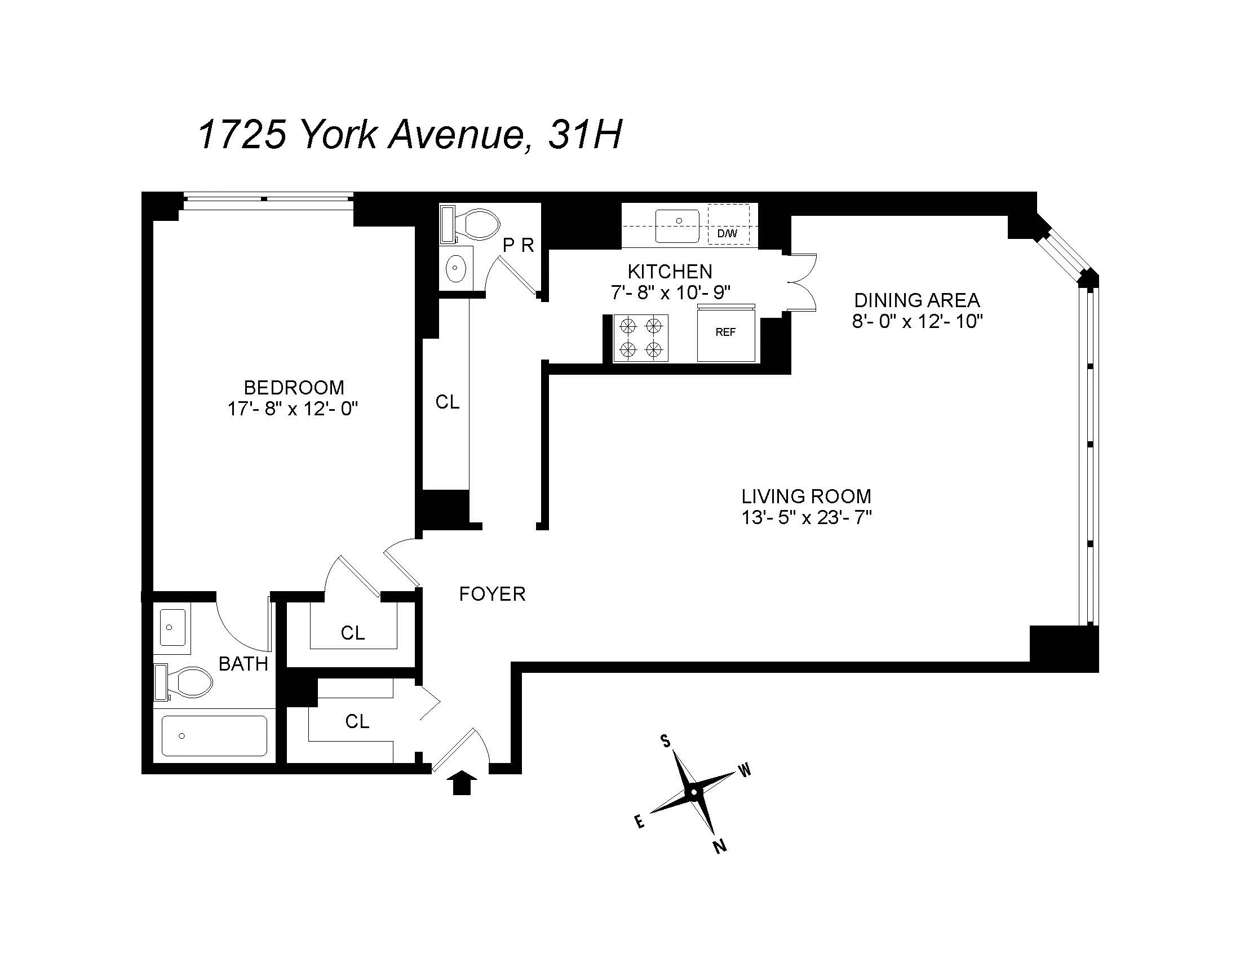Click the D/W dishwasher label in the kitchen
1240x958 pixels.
tap(727, 233)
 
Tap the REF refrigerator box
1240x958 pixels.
tap(725, 333)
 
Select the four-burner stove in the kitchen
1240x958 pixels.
tap(641, 338)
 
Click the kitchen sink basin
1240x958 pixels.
tap(677, 225)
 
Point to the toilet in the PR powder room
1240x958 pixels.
tap(476, 225)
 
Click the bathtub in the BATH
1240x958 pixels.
tap(214, 735)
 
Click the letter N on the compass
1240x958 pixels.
tap(720, 847)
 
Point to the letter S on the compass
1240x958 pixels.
tap(665, 741)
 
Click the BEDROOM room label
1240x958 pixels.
tap(294, 388)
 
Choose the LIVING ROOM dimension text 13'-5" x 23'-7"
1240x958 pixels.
tap(806, 517)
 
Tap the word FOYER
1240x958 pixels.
tap(492, 594)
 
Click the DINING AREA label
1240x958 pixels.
tap(917, 300)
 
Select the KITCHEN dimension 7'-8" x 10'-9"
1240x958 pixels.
tap(671, 292)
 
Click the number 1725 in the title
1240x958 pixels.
tap(242, 135)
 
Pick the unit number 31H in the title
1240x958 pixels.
tap(585, 135)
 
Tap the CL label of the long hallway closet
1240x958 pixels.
tap(447, 402)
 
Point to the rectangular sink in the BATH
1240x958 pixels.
tap(172, 627)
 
